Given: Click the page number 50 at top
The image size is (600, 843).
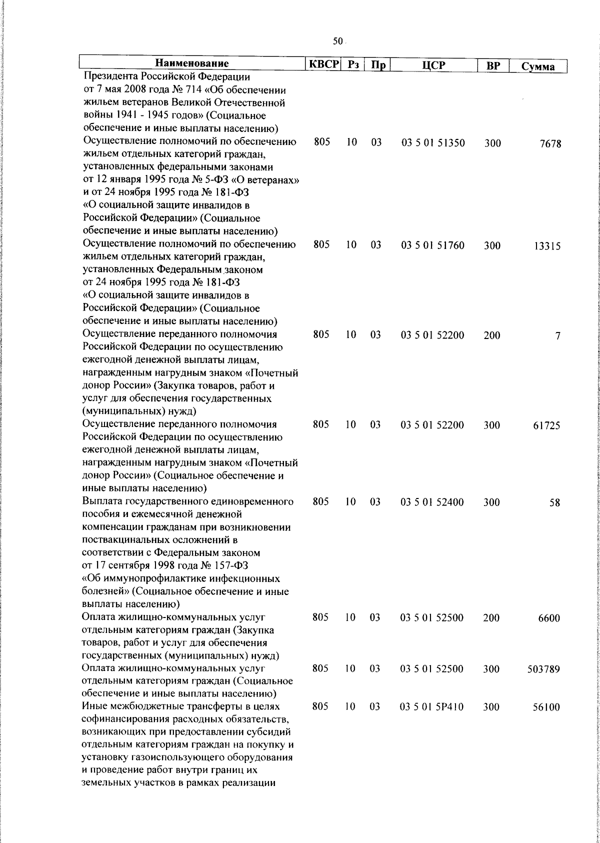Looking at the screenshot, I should tap(338, 41).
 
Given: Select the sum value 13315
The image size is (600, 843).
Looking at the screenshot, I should tap(547, 246).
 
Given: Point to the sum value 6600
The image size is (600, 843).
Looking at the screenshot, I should tap(549, 618).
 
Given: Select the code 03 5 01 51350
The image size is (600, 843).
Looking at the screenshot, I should tap(433, 143).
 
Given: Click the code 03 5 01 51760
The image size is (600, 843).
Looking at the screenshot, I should tap(433, 245).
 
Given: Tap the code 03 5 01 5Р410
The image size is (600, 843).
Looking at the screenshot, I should tap(432, 706).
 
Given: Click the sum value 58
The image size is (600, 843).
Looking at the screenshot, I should tap(554, 503).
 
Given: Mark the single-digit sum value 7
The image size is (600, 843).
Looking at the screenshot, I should tap(557, 336).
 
